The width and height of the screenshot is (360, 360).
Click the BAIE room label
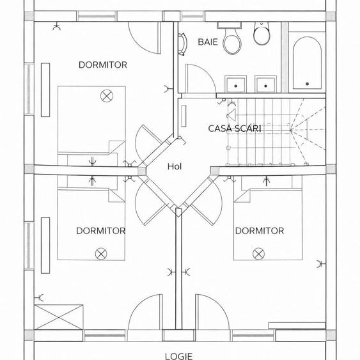coord(208,42)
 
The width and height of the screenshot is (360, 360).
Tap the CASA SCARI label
coord(235,129)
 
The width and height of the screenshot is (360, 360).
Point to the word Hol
coord(175,166)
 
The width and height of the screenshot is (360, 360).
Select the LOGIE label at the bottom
coord(178,356)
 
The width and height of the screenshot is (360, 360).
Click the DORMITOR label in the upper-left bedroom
coord(102,65)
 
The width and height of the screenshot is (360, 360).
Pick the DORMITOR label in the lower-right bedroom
coord(260,231)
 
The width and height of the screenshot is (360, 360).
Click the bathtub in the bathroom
coord(307,63)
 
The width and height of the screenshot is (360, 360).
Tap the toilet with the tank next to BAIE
coord(231,38)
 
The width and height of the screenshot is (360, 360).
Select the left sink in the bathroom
coord(235,84)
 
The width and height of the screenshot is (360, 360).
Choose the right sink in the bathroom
coord(265,84)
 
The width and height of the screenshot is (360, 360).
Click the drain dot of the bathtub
coord(307,84)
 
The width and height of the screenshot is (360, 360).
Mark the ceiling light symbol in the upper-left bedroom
coord(107,96)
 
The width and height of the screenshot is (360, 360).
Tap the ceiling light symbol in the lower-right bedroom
coord(258,254)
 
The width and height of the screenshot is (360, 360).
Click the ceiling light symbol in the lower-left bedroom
coord(101,254)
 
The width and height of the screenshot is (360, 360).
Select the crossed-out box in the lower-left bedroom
coord(59,317)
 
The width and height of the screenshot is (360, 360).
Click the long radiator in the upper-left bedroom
coord(45,90)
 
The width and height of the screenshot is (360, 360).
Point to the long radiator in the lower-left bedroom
coord(45,246)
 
